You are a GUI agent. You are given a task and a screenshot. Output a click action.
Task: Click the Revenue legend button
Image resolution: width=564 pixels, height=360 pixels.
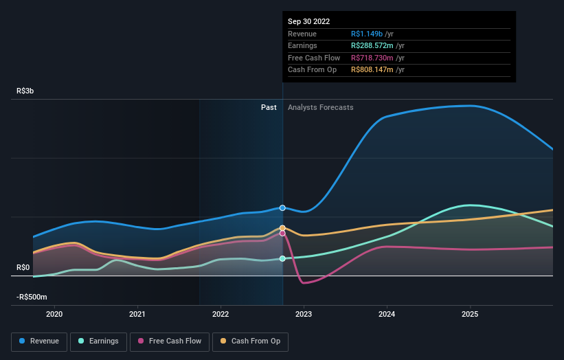pyautogui.click(x=39, y=341)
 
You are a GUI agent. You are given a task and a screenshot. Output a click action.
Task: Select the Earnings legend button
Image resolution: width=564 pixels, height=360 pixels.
pyautogui.click(x=98, y=341)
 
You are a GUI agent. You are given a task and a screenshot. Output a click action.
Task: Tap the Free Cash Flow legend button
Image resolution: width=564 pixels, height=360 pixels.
pyautogui.click(x=170, y=341)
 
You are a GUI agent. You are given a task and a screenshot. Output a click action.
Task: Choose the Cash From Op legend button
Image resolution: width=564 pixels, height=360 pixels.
pyautogui.click(x=250, y=341)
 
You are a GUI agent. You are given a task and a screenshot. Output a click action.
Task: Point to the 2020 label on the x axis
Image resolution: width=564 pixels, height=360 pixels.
pyautogui.click(x=54, y=314)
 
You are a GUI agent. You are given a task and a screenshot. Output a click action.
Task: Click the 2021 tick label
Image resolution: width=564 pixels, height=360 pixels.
pyautogui.click(x=137, y=314)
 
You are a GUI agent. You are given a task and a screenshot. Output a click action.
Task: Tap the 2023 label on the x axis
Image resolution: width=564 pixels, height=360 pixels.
pyautogui.click(x=304, y=314)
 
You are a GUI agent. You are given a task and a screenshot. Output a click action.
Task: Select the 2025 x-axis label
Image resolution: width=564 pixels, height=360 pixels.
pyautogui.click(x=470, y=314)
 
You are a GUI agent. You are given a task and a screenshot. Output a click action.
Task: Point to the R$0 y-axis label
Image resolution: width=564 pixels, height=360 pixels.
pyautogui.click(x=23, y=267)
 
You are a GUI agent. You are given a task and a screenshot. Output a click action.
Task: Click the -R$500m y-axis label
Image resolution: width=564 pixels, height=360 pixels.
pyautogui.click(x=32, y=297)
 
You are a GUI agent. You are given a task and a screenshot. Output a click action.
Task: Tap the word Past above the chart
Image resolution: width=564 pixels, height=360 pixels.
pyautogui.click(x=269, y=107)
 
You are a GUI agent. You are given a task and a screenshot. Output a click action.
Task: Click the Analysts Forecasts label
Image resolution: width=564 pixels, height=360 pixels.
pyautogui.click(x=321, y=107)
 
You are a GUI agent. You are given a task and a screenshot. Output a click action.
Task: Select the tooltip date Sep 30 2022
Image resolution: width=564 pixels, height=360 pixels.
pyautogui.click(x=308, y=21)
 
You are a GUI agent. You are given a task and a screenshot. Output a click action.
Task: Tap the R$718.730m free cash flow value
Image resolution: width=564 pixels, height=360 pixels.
pyautogui.click(x=373, y=58)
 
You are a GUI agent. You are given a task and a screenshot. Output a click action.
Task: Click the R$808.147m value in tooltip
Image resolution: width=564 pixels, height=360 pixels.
pyautogui.click(x=373, y=70)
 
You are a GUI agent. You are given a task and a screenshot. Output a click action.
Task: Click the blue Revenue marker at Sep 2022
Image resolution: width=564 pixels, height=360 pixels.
pyautogui.click(x=282, y=207)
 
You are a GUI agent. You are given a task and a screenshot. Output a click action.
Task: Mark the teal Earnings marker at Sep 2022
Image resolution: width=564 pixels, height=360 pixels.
pyautogui.click(x=282, y=259)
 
